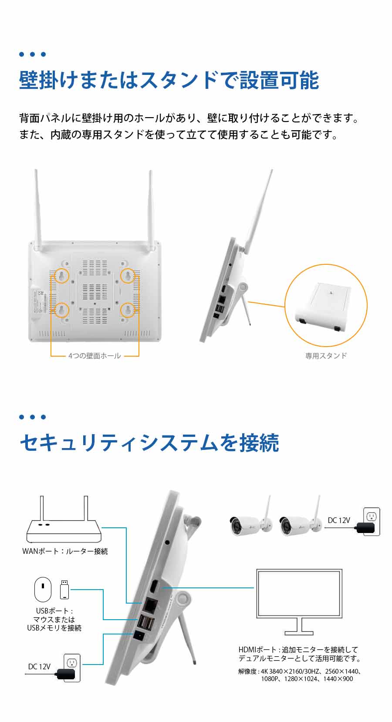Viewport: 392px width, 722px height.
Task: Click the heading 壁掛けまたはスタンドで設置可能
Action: [169, 80]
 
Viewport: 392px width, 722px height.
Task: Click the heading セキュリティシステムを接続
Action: [149, 443]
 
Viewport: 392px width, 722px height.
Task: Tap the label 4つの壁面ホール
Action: [95, 356]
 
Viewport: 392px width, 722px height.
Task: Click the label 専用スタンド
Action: [326, 356]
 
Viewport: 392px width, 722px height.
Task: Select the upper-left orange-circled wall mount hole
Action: [61, 276]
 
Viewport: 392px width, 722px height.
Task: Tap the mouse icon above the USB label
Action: [43, 590]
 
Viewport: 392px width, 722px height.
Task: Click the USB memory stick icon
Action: [64, 590]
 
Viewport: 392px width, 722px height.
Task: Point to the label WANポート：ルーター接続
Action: [65, 551]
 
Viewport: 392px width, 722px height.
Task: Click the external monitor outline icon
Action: [299, 602]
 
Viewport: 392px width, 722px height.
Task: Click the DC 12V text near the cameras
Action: [339, 520]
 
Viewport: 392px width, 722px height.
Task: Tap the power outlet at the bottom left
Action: [72, 668]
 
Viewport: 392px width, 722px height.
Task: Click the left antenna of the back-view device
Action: [38, 209]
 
